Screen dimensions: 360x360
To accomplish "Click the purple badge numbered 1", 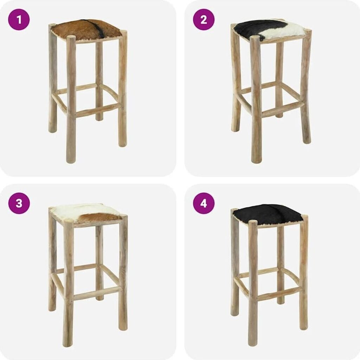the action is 19,20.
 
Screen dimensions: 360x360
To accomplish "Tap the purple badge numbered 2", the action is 204,20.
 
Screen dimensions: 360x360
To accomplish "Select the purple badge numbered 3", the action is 19,203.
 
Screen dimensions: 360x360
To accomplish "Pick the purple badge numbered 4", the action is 204,203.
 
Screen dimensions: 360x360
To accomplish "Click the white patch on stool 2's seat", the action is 287,31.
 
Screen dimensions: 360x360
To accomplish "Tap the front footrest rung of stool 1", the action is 98,110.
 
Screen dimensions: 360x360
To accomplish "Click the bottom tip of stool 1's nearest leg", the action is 70,162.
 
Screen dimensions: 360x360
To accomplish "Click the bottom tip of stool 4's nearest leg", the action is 252,345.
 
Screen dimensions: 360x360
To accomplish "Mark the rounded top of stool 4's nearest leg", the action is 253,222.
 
